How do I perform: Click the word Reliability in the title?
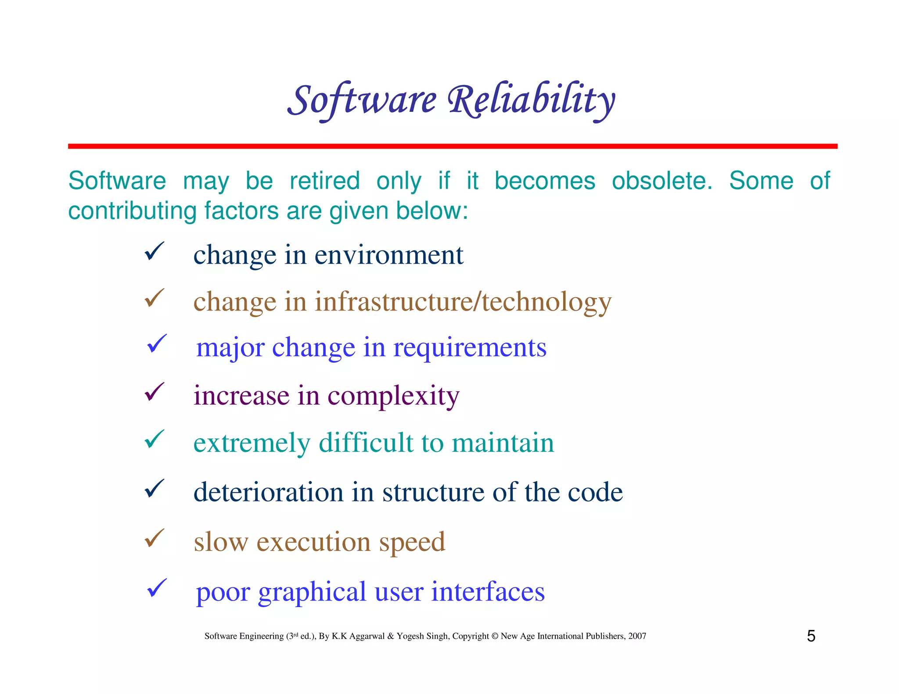click(x=531, y=101)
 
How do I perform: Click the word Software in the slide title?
click(x=362, y=101)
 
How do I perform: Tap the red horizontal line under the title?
click(x=452, y=146)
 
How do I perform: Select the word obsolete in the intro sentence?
click(x=662, y=181)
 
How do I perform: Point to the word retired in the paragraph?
click(x=325, y=181)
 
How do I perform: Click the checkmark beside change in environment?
click(x=154, y=251)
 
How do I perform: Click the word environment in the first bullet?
click(x=389, y=255)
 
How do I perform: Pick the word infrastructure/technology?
click(x=463, y=302)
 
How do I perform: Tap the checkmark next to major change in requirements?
click(x=157, y=343)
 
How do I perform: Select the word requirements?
click(x=470, y=348)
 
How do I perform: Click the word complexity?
click(x=393, y=396)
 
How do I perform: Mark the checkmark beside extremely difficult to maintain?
click(x=154, y=439)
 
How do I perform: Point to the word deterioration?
click(x=268, y=492)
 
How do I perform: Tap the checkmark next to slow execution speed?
click(x=154, y=538)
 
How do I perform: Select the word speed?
click(x=412, y=542)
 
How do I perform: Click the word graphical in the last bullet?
click(x=312, y=592)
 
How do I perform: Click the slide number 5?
click(x=811, y=636)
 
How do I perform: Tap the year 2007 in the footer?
click(x=637, y=636)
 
